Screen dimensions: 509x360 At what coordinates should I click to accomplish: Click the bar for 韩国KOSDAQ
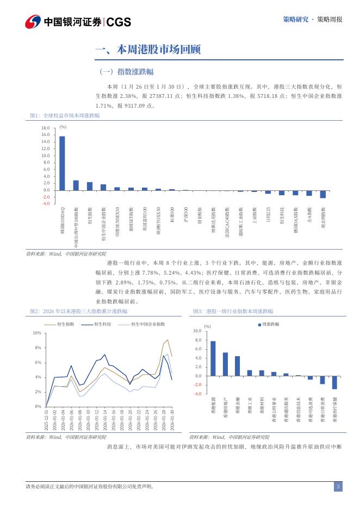coord(62,163)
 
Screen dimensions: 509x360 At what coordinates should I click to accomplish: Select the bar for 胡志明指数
coord(323,194)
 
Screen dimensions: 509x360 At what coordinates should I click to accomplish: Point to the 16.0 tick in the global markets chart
coord(45,135)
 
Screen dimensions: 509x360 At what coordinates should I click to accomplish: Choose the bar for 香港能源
coord(213,358)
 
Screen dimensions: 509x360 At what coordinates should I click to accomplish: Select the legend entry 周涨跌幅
coord(270,324)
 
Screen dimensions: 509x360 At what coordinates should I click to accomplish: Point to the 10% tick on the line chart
coord(37,333)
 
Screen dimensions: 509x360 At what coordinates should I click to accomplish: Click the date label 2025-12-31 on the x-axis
coord(47,420)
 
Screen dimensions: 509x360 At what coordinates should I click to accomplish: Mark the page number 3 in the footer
coord(338,487)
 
